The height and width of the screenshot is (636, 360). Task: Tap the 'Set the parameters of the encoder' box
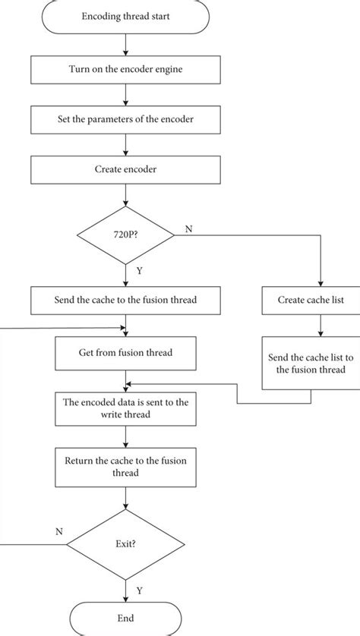[x=125, y=120]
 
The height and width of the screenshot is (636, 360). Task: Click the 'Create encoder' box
[x=125, y=169]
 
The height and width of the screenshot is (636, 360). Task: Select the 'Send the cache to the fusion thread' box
[x=125, y=300]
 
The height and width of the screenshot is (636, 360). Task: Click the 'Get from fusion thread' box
[x=125, y=353]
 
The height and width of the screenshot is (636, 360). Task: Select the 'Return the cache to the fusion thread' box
[x=125, y=468]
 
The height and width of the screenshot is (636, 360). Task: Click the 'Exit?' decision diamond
[x=125, y=544]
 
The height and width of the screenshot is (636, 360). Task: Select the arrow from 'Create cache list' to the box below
[x=321, y=325]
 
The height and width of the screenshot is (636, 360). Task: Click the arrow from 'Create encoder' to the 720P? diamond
[x=125, y=195]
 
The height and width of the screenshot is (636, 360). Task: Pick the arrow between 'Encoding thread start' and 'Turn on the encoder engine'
[x=125, y=46]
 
